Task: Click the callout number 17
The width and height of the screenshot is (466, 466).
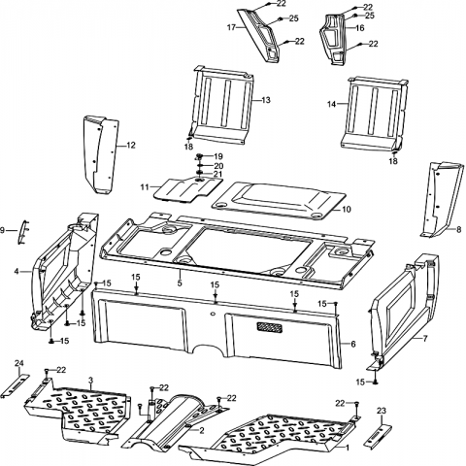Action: tap(231, 27)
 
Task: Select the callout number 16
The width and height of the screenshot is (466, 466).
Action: tap(360, 28)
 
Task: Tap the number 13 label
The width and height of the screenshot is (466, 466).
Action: tap(266, 100)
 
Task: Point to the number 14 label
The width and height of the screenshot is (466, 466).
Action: tap(332, 104)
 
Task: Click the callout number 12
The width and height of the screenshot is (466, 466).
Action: tap(131, 146)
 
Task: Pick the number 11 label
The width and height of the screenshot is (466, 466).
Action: tap(145, 187)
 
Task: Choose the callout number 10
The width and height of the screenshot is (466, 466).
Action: tap(347, 210)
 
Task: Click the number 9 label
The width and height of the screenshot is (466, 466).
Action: tap(3, 230)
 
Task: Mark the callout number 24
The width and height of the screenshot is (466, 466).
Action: tap(19, 363)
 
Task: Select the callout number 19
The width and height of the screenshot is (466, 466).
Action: tap(218, 156)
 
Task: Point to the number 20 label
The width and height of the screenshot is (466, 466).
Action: tap(218, 166)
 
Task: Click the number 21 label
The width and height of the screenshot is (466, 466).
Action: tap(218, 174)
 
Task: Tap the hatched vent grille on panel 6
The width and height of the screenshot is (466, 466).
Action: tap(269, 327)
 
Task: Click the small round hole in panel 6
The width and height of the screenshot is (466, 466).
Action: tap(213, 314)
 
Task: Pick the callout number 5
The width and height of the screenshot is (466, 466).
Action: tap(180, 283)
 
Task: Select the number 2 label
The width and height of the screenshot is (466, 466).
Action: tap(202, 430)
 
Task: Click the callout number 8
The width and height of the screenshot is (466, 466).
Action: tap(458, 230)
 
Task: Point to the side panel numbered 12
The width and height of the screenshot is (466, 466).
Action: tap(100, 154)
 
